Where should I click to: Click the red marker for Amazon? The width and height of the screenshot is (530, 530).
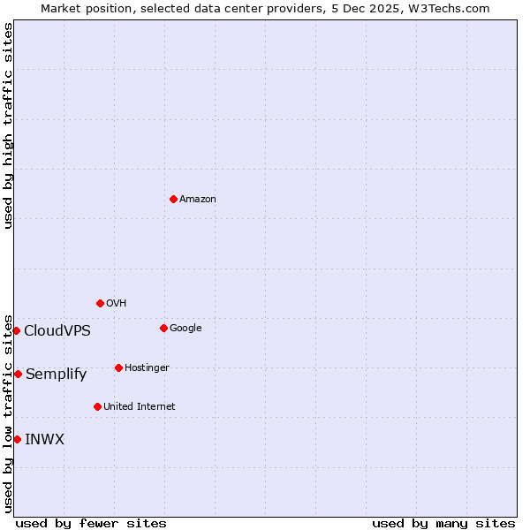173,199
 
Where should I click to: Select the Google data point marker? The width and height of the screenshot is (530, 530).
163,328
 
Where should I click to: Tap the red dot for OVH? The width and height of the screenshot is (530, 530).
100,303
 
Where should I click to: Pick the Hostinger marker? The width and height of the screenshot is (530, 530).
118,367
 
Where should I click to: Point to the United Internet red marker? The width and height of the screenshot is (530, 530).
97,406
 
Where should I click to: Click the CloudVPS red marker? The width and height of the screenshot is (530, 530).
16,330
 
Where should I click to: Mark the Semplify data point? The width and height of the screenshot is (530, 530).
18,374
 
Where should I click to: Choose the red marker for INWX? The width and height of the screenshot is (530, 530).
17,439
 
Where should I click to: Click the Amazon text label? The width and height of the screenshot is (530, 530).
198,200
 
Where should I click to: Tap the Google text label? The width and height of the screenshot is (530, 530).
185,329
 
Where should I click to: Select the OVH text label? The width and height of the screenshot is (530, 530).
117,304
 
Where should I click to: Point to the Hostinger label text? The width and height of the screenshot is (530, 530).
147,368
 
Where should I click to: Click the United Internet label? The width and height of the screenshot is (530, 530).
140,407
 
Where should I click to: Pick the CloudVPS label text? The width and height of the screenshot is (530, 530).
57,331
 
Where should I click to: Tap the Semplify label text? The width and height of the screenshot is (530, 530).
57,375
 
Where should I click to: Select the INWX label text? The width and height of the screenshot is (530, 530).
45,440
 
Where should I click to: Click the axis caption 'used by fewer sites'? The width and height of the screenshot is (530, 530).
91,523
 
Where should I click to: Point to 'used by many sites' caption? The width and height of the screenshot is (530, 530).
443,523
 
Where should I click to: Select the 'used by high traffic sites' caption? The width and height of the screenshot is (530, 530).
8,125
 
